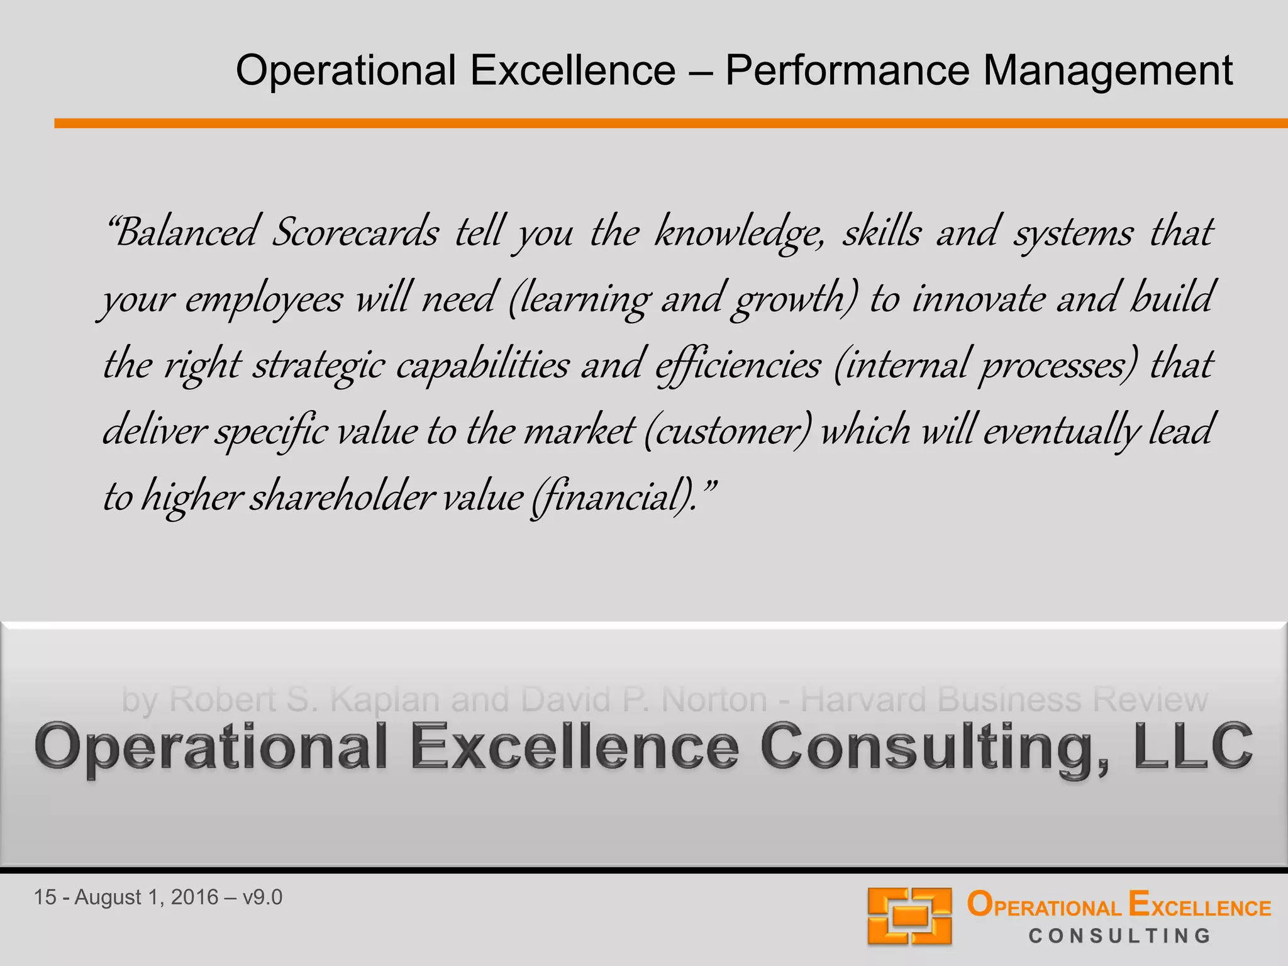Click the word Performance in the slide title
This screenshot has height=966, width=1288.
(x=847, y=70)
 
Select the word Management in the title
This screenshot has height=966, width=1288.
(x=1108, y=70)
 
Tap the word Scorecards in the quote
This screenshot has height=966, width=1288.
(x=355, y=233)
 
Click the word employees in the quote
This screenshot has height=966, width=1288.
(x=264, y=299)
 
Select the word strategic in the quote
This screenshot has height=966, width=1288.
(x=318, y=365)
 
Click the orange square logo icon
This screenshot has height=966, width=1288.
(x=909, y=916)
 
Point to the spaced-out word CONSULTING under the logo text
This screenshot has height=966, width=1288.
(x=1119, y=936)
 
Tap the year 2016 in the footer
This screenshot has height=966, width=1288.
(x=194, y=897)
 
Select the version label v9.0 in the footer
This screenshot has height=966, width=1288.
(x=262, y=897)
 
